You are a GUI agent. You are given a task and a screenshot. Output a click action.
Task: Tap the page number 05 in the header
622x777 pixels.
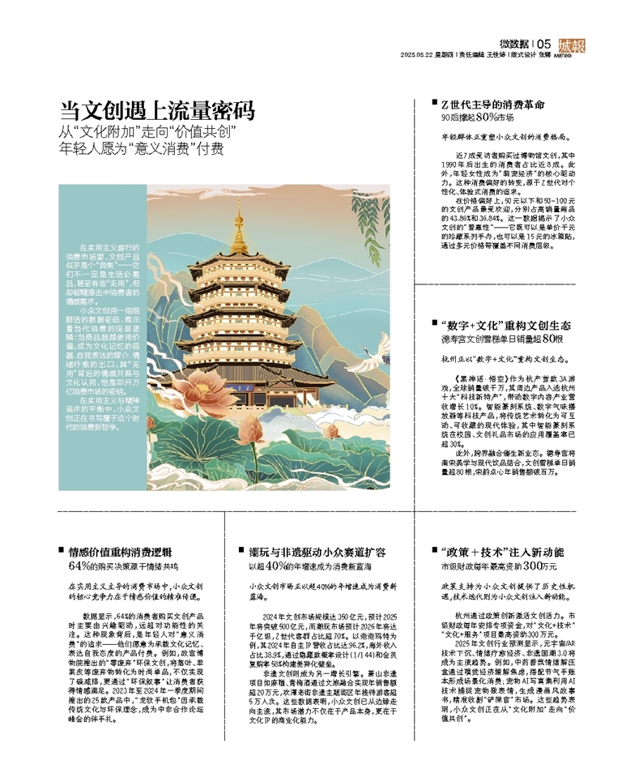(x=543, y=43)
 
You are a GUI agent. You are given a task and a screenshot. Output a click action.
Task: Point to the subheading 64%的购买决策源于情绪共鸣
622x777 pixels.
(x=123, y=565)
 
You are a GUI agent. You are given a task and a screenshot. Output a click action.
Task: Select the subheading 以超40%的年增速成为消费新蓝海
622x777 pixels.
(x=311, y=565)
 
